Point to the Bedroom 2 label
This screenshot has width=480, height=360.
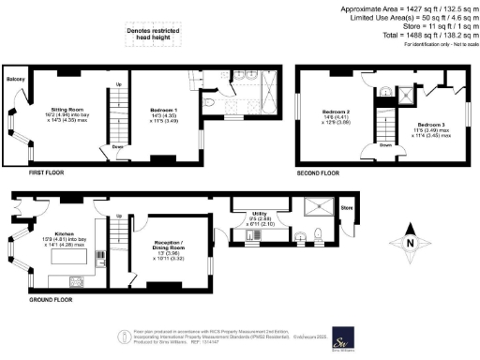pos(336,110)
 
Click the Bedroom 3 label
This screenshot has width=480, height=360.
pos(431,125)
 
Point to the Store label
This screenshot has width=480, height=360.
pos(346,207)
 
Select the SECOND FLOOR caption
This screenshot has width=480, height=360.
pos(321,172)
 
